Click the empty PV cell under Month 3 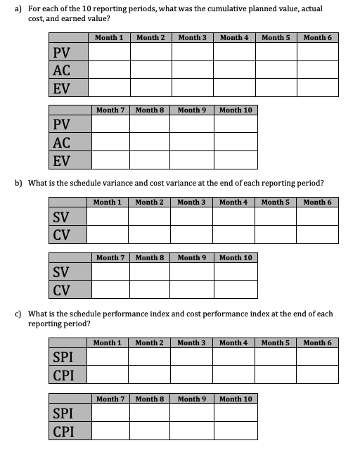(x=191, y=52)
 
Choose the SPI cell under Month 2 (x=149, y=357)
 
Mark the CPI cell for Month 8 (x=149, y=430)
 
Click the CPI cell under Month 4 (x=234, y=375)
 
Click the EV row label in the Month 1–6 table (x=62, y=88)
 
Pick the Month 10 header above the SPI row (x=236, y=399)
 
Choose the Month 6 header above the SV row (x=318, y=202)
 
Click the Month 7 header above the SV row (x=110, y=257)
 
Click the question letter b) (x=19, y=184)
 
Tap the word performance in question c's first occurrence (x=140, y=314)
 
